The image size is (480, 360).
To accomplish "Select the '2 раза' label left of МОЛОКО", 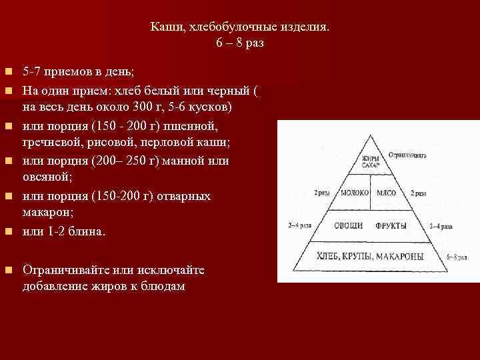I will (x=322, y=193).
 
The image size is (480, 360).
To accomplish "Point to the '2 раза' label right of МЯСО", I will (x=419, y=193).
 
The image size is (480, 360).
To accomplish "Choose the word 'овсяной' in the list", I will (x=43, y=179).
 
